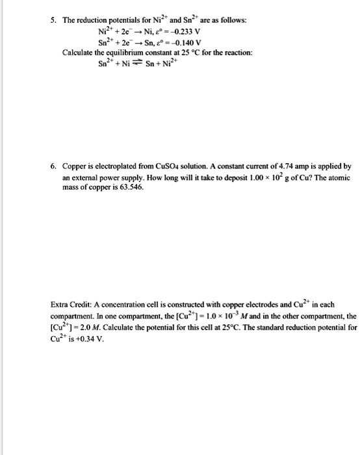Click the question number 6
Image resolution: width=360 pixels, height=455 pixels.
tap(53, 166)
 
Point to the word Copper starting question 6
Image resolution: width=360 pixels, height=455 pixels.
tap(75, 166)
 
